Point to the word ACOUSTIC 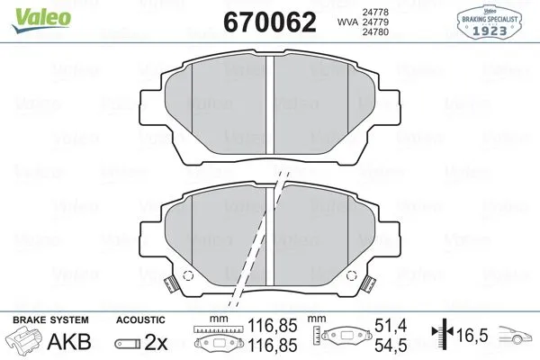140,319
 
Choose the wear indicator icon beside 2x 128,343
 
